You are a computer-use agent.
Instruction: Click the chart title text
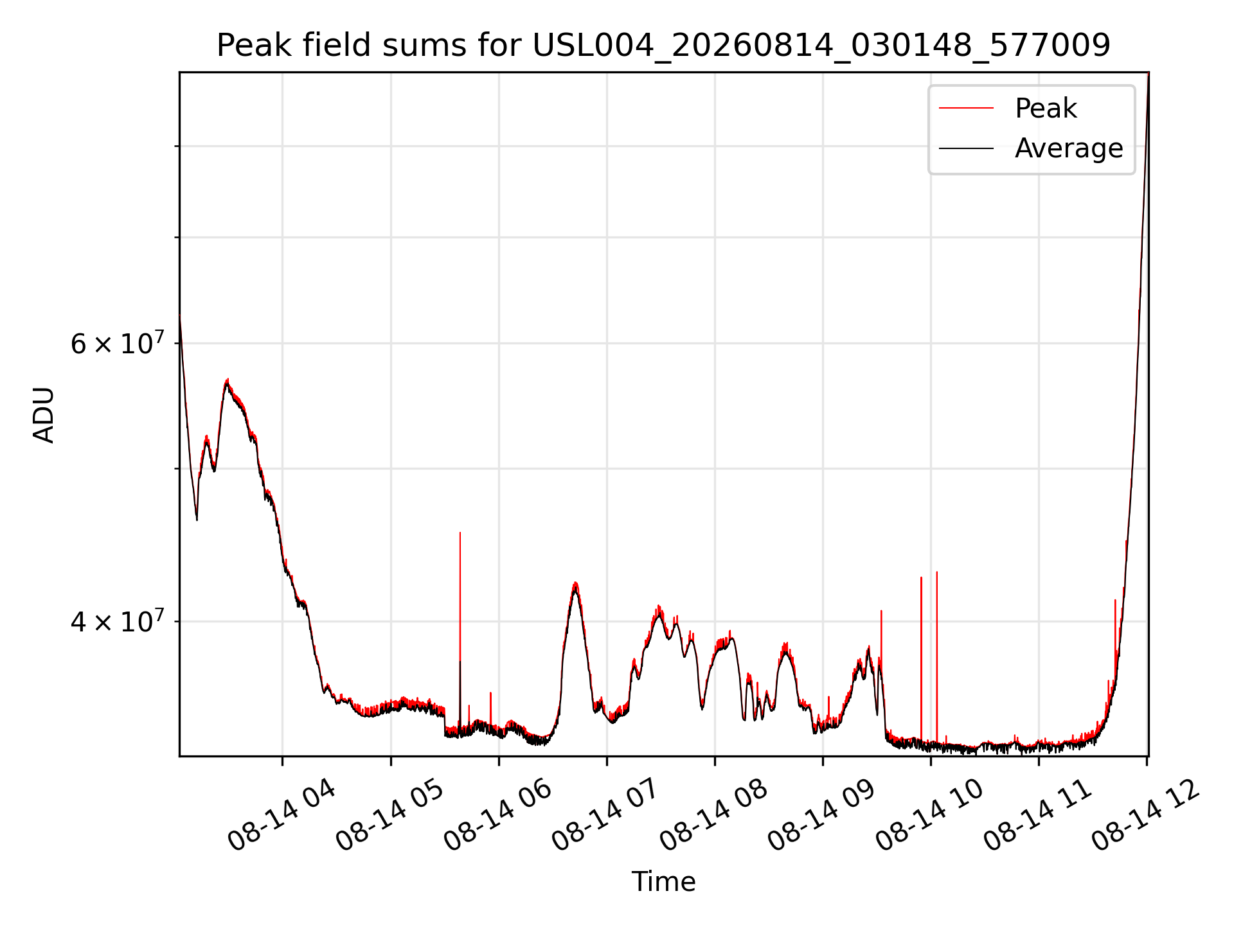pyautogui.click(x=663, y=46)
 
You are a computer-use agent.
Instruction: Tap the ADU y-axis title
pyautogui.click(x=44, y=414)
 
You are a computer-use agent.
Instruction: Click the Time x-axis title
pyautogui.click(x=663, y=881)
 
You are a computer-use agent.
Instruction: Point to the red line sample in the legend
pyautogui.click(x=966, y=108)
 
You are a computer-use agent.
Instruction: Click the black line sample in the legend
pyautogui.click(x=966, y=148)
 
